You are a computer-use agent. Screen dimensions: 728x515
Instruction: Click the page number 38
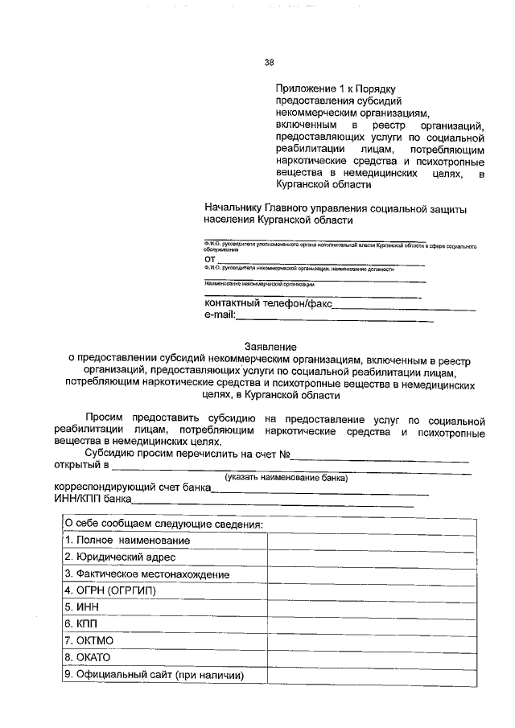(269, 63)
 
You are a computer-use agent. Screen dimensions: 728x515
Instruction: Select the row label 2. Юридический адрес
(120, 557)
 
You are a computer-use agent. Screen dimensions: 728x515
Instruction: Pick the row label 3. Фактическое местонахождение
(147, 574)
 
